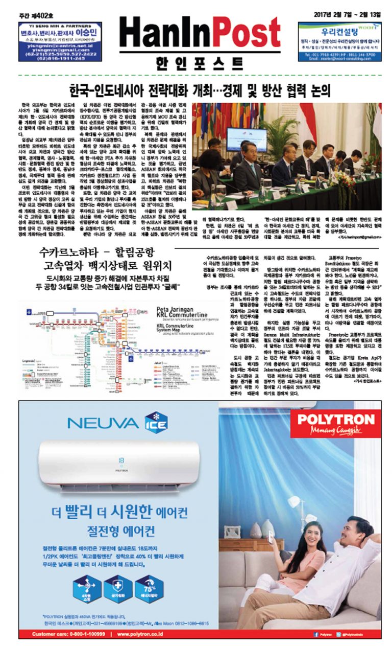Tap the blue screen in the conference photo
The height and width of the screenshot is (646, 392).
246,139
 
